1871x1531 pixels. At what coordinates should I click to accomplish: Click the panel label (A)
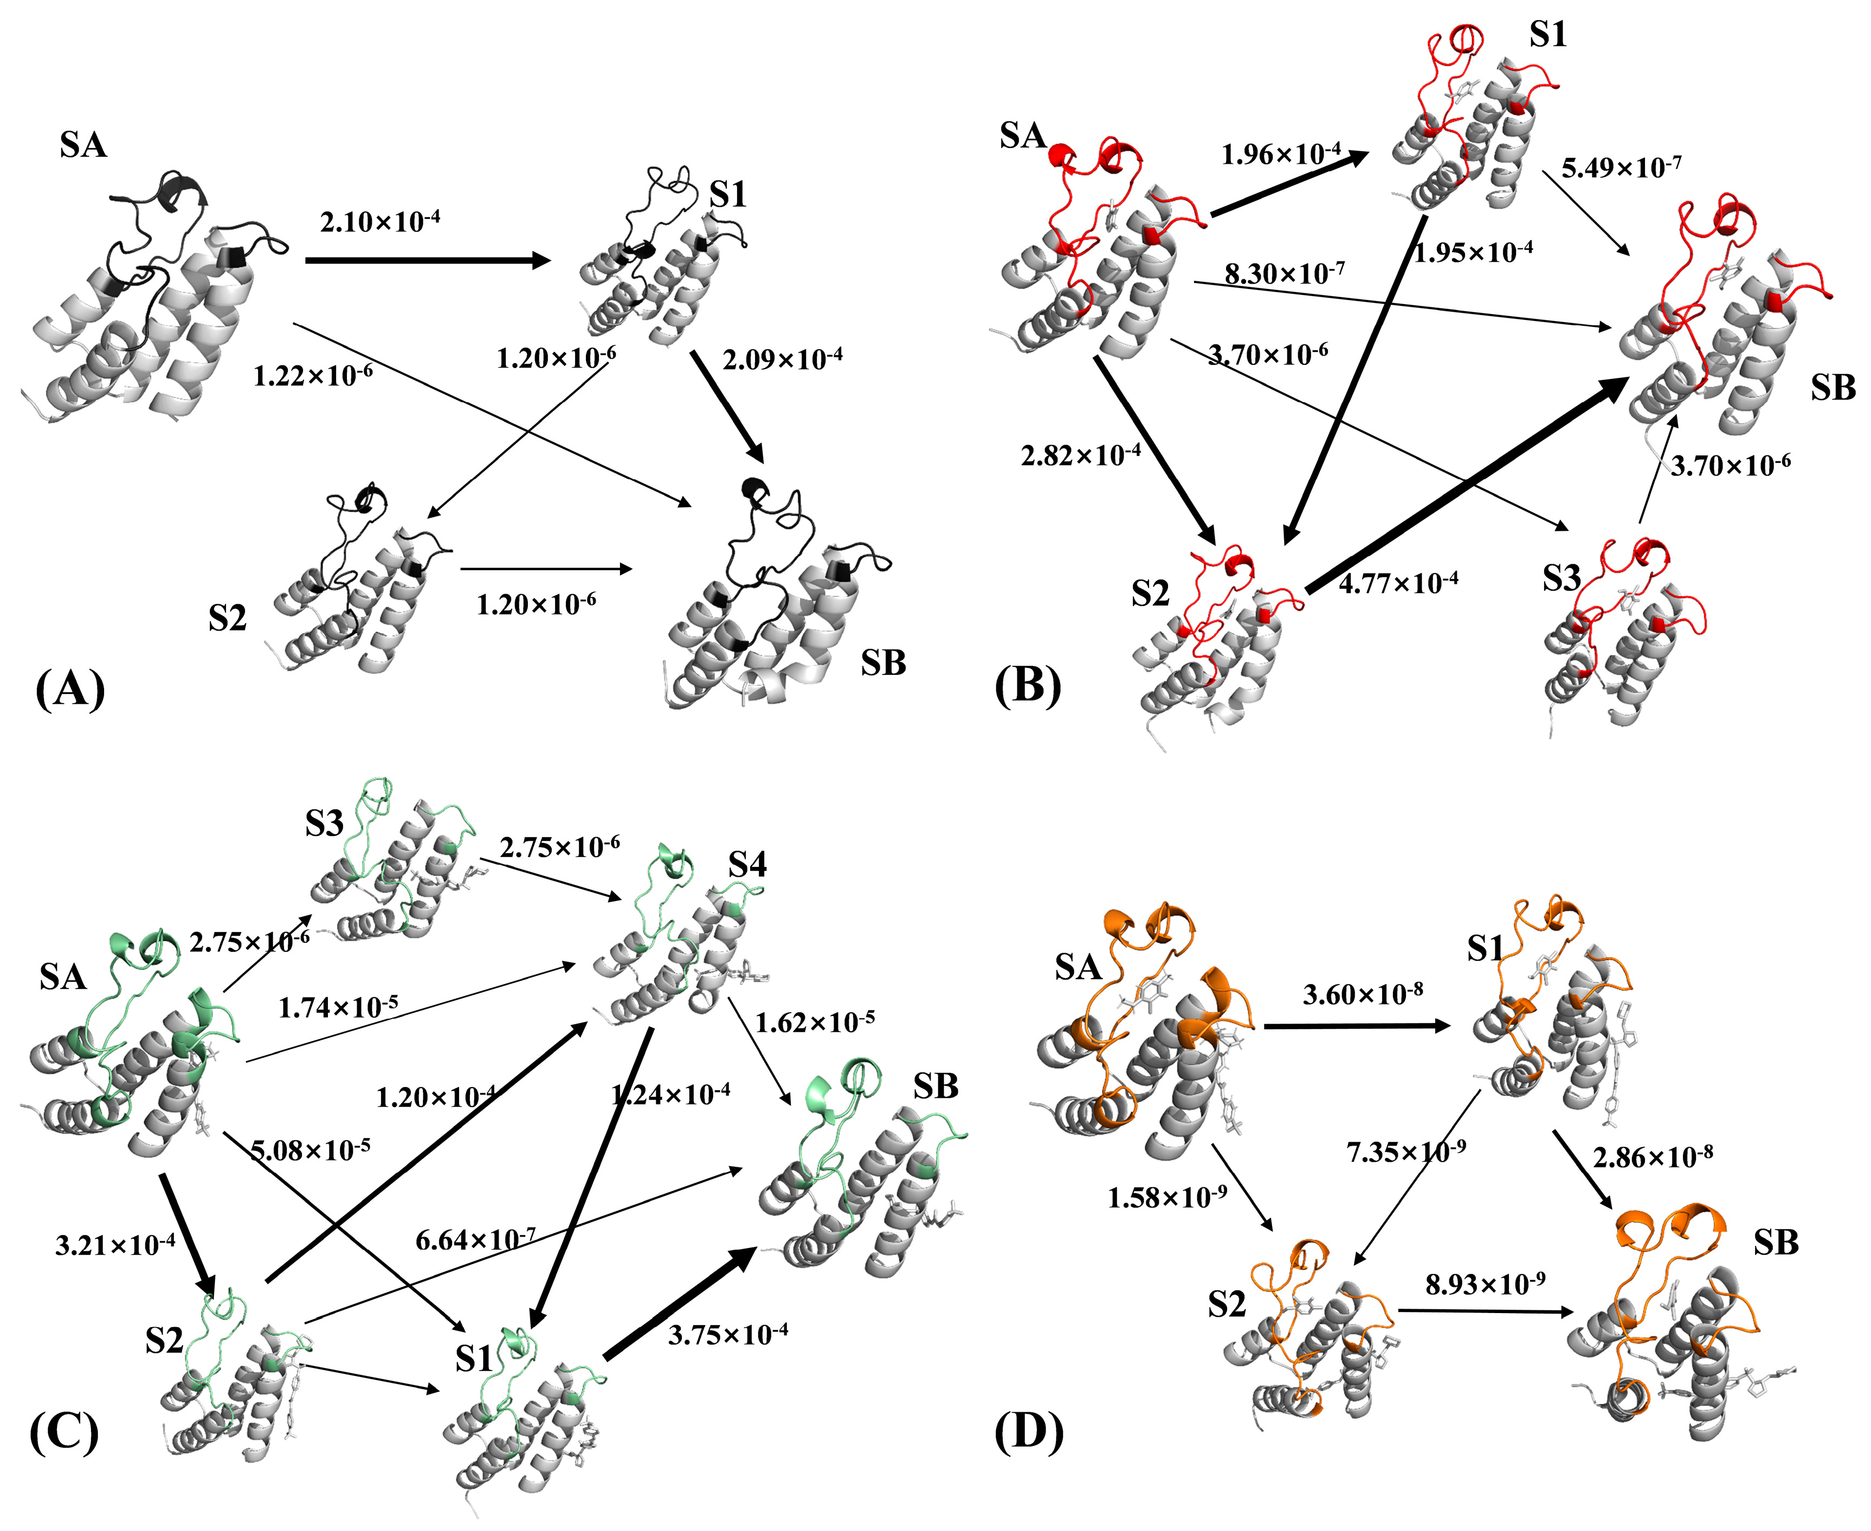tap(70, 689)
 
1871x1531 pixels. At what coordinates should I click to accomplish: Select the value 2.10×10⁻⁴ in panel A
tap(379, 221)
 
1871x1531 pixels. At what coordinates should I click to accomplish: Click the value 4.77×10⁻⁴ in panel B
tap(1397, 582)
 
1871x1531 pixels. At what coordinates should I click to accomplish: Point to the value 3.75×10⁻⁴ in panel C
tap(727, 1334)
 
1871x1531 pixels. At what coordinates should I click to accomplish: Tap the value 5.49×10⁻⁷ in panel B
tap(1621, 166)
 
